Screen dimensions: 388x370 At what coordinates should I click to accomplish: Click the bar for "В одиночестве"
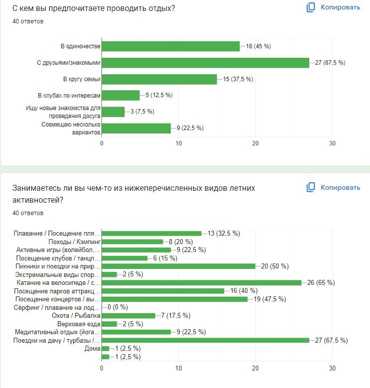click(x=170, y=46)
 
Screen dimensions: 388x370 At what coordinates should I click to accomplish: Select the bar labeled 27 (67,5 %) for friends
click(x=205, y=63)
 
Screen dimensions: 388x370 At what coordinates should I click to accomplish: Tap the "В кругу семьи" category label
click(x=82, y=79)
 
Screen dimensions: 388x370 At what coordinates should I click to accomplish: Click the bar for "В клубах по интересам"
click(x=121, y=96)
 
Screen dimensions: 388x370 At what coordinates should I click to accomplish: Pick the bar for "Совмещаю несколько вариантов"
click(x=136, y=128)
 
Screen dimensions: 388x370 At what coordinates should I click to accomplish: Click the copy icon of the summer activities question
click(x=311, y=188)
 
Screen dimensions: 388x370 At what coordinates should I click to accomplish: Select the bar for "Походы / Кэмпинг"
click(x=132, y=242)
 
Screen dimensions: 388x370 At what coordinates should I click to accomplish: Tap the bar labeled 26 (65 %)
click(x=201, y=282)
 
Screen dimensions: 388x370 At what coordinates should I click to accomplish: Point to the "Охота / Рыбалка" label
click(x=76, y=316)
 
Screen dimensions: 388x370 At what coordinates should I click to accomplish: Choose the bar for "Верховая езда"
click(x=109, y=324)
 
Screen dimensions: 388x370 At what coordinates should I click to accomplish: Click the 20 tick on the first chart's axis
click(x=255, y=143)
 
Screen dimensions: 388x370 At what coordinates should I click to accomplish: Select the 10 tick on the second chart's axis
click(x=178, y=369)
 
